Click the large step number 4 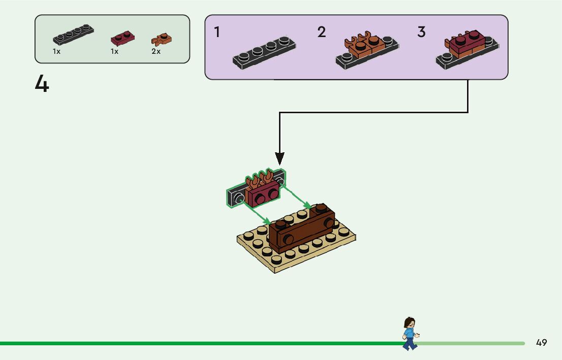pos(42,84)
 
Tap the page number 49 pos(541,343)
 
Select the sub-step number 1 pos(217,32)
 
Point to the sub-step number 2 pos(321,32)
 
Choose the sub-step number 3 pos(421,32)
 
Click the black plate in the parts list pos(73,35)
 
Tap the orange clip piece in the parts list pos(161,39)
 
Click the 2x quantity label pos(155,52)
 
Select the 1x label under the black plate pos(56,52)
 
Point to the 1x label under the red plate pos(114,52)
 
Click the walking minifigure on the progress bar pos(409,334)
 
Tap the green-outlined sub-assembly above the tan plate pos(256,190)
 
